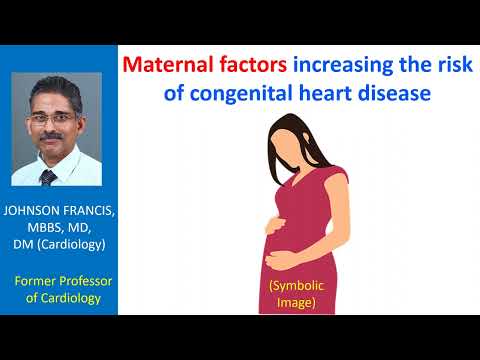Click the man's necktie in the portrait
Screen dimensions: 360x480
[x=47, y=178]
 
